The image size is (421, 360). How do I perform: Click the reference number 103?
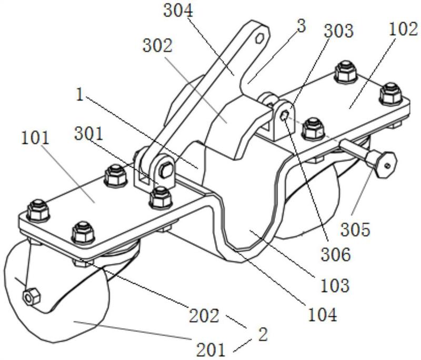pyautogui.click(x=336, y=285)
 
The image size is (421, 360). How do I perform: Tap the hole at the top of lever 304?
pyautogui.click(x=259, y=37)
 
